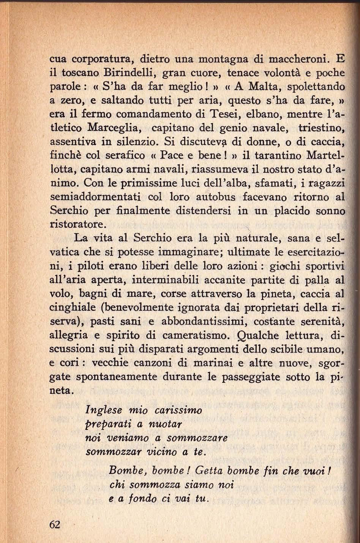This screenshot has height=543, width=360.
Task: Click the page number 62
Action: point(55,524)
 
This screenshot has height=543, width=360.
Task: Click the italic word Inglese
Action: point(104,411)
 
